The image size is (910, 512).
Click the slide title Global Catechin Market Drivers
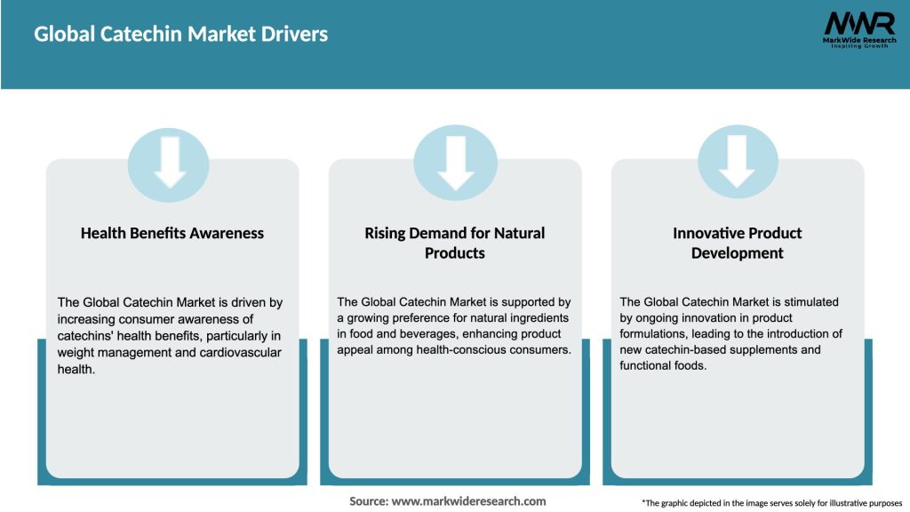pos(181,35)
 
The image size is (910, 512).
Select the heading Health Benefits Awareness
pos(172,233)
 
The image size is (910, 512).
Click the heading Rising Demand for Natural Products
pos(455,243)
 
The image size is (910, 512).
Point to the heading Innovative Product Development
pos(738,243)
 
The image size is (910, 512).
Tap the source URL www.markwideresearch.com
pos(469,501)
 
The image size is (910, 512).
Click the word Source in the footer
pos(369,501)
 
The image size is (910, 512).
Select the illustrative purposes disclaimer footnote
pos(771,503)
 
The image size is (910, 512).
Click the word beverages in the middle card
pos(417,333)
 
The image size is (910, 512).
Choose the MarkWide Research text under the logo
pos(858,40)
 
